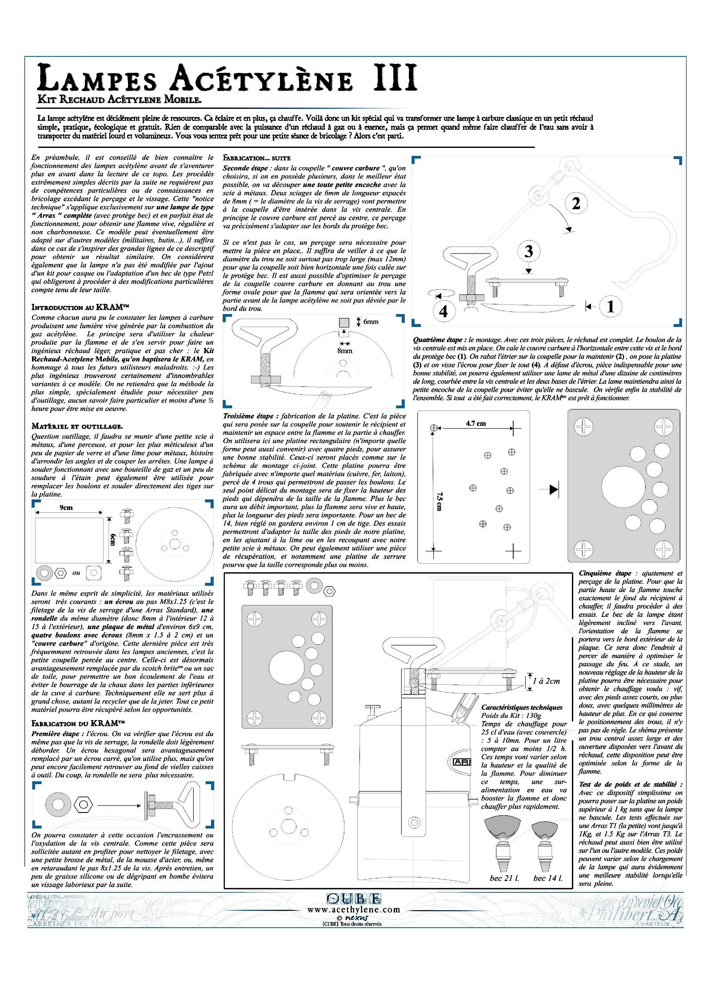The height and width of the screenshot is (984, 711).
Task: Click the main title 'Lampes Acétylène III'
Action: [x=227, y=77]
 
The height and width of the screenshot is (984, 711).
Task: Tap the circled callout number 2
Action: [x=576, y=203]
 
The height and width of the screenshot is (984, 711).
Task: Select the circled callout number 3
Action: [x=528, y=252]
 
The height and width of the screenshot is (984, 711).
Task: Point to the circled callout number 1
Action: [x=611, y=306]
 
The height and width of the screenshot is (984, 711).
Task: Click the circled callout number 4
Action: [x=443, y=311]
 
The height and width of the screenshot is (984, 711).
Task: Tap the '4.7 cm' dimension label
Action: [x=475, y=423]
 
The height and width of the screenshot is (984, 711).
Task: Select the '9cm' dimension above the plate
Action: [x=66, y=507]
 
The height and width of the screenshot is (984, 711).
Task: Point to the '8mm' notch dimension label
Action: [x=344, y=351]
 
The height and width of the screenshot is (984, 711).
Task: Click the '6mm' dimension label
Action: [x=370, y=322]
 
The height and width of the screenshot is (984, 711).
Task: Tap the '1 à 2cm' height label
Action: [x=547, y=681]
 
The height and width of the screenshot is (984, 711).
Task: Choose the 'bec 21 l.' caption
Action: [x=501, y=878]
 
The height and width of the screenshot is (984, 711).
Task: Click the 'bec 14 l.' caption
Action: [x=547, y=878]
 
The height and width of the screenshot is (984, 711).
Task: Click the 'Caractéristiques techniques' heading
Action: [x=522, y=707]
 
